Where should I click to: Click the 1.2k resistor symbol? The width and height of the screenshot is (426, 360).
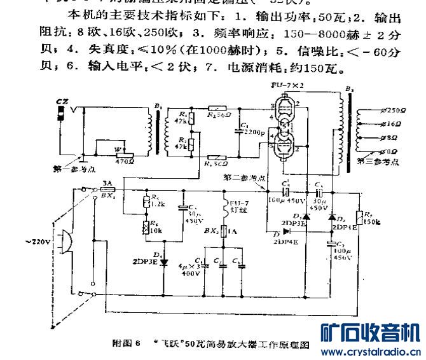pyautogui.click(x=146, y=202)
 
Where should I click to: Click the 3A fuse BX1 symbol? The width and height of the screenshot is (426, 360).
pyautogui.click(x=108, y=189)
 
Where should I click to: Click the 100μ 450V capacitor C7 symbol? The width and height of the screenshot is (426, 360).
pyautogui.click(x=331, y=243)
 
